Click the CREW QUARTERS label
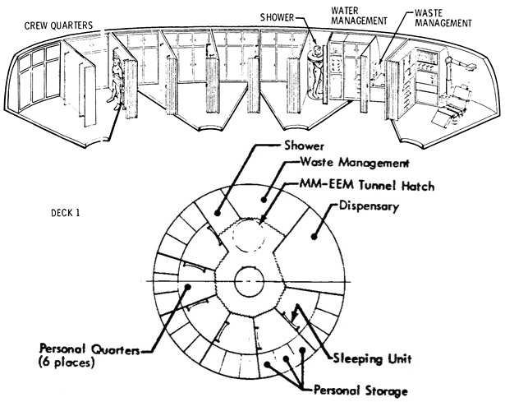(58, 25)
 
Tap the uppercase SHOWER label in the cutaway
(278, 17)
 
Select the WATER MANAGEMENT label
(359, 16)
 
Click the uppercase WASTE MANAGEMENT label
(443, 18)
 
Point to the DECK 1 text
(65, 213)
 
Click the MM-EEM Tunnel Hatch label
(366, 185)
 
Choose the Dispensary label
(369, 206)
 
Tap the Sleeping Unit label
(372, 358)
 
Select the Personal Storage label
(360, 390)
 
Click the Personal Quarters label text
(90, 349)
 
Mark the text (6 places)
(67, 363)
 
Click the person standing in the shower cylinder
(317, 72)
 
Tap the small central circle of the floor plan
(249, 282)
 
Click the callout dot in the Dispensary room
(314, 237)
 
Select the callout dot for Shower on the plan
(217, 213)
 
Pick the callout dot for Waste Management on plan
(264, 200)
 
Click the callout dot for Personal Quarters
(187, 287)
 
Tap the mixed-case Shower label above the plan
(304, 146)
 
